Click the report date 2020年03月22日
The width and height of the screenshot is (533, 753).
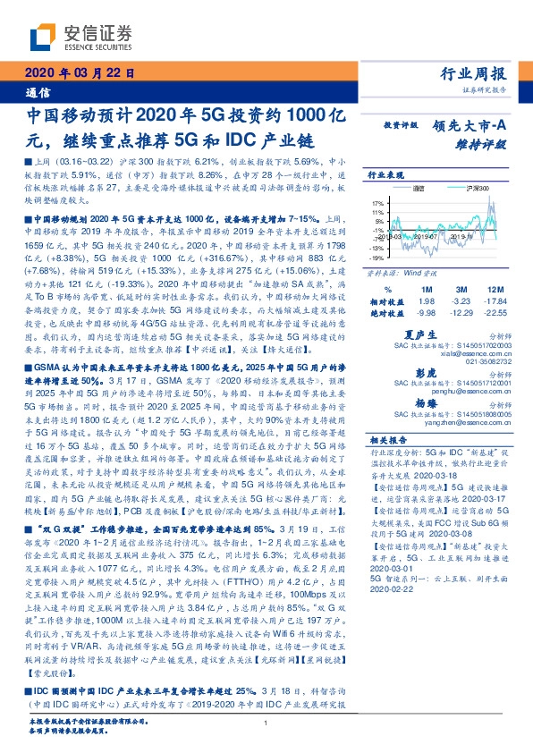[x=79, y=73]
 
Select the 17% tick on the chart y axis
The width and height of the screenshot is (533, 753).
[x=376, y=205]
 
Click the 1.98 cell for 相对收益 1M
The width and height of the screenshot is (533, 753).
[x=425, y=301]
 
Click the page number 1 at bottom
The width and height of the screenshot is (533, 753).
[x=266, y=722]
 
